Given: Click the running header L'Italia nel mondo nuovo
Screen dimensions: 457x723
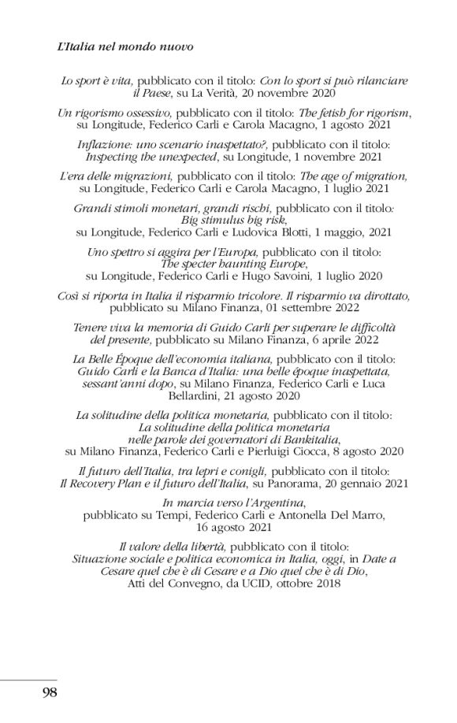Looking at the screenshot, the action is click(x=126, y=48).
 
